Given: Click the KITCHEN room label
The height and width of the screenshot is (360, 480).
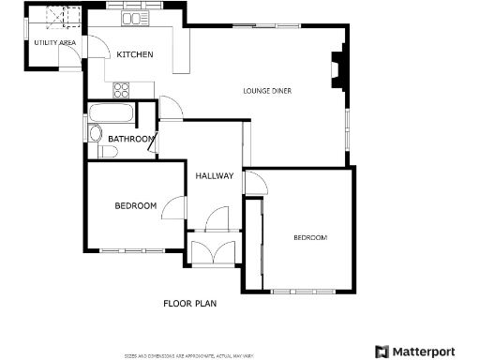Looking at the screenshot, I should (135, 55).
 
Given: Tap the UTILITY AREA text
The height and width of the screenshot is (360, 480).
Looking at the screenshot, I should (54, 43).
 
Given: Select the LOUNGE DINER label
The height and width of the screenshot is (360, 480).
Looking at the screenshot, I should (269, 91).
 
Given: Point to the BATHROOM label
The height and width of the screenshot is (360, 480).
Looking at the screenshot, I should (130, 140).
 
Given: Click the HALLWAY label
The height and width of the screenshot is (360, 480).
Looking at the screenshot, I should (214, 176).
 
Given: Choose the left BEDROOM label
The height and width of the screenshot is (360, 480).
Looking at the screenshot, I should (135, 206).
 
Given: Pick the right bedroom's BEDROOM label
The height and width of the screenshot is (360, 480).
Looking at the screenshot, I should (310, 238).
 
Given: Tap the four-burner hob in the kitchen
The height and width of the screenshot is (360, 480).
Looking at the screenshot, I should (122, 90).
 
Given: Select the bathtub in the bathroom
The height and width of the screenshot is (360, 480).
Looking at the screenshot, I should (111, 116).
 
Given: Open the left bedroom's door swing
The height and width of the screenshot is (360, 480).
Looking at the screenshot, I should (172, 207).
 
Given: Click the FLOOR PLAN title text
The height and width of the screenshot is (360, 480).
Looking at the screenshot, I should (190, 304).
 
